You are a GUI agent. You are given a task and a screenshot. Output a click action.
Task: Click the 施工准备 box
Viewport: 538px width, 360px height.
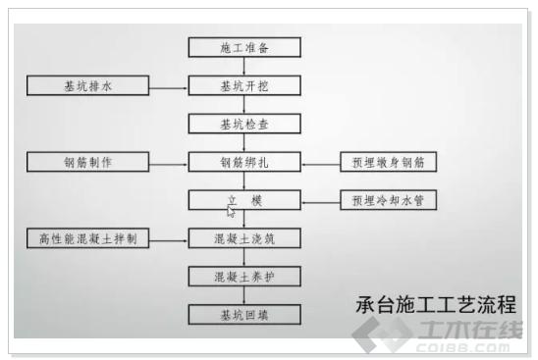click(244, 47)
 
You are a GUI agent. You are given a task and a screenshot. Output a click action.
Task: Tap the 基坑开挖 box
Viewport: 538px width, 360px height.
click(244, 85)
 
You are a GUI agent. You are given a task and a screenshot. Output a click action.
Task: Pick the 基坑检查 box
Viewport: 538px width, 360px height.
click(244, 124)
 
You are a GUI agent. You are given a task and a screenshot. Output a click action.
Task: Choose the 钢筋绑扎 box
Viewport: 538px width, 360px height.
click(244, 162)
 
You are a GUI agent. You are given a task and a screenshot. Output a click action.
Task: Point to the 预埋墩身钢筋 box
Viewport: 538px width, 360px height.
click(388, 162)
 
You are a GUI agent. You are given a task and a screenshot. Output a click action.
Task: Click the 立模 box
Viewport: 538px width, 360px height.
click(244, 200)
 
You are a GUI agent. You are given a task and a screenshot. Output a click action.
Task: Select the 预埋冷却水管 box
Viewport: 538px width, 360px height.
click(388, 200)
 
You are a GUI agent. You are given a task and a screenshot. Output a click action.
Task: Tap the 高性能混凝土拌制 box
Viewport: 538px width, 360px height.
click(88, 238)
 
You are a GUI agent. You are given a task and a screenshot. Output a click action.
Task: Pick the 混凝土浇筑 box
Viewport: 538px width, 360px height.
click(244, 238)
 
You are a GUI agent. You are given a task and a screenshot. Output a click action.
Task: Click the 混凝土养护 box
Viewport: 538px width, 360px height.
click(244, 277)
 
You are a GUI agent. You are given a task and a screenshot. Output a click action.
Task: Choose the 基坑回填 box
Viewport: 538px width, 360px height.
click(244, 314)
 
